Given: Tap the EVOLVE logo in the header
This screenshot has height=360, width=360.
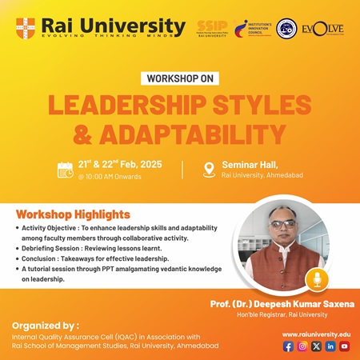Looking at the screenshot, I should (325, 29).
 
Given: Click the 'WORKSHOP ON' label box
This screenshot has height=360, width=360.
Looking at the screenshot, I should (180, 79).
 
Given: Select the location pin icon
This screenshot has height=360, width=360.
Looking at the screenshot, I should (210, 170).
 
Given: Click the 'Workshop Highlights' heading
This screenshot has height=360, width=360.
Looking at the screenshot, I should (73, 214).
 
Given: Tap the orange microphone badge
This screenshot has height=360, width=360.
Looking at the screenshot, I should (319, 280).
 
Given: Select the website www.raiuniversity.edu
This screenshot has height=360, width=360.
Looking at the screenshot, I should (316, 333).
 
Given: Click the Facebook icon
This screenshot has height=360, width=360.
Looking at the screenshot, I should (288, 346).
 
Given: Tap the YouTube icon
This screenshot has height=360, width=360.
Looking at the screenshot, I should (344, 346).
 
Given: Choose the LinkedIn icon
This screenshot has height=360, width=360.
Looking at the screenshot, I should (330, 346).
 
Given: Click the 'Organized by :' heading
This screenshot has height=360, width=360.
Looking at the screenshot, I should (45, 326).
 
